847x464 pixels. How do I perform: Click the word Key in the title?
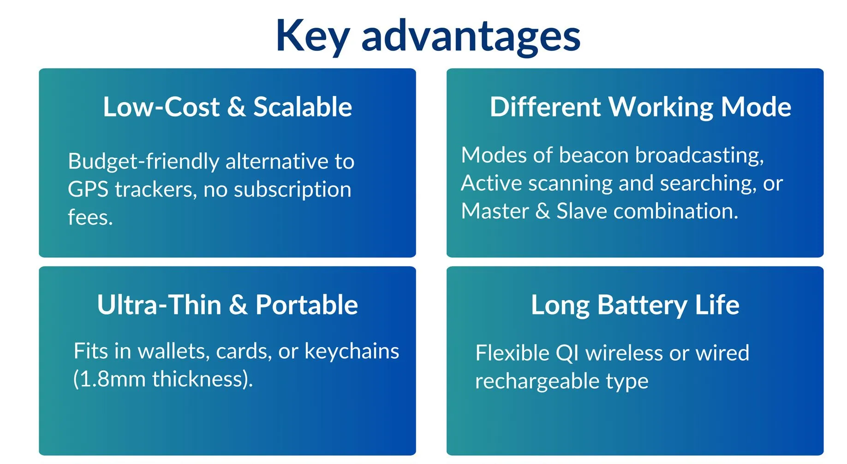pos(312,36)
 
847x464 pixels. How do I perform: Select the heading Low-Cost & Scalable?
pos(227,107)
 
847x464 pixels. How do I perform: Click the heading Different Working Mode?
pos(640,107)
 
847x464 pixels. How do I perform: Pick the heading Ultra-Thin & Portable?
pos(227,305)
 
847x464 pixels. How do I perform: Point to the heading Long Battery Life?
pos(635,305)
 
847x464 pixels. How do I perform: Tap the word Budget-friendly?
pos(143,162)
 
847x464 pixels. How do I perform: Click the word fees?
pos(90,217)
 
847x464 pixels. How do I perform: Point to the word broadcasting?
pos(699,156)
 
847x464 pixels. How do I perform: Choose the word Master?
pos(495,211)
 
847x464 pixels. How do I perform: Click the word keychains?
pos(352,352)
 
